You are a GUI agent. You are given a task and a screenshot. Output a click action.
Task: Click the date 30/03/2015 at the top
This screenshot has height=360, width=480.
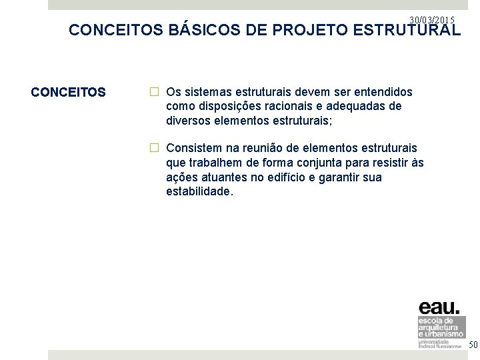[x=432, y=20]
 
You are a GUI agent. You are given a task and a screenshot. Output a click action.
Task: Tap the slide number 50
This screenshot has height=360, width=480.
[x=473, y=345]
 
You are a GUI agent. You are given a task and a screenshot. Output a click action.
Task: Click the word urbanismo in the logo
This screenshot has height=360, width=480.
[x=443, y=333]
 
